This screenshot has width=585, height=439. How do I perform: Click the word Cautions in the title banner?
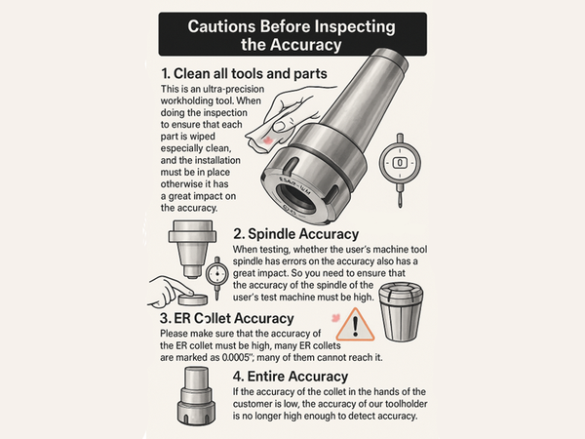pyautogui.click(x=221, y=26)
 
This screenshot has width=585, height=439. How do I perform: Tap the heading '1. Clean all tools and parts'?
pyautogui.click(x=244, y=73)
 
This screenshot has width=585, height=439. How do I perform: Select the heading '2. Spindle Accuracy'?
pyautogui.click(x=295, y=234)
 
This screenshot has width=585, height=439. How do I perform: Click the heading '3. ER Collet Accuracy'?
pyautogui.click(x=227, y=318)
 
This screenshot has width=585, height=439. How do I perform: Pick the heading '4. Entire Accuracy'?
pyautogui.click(x=291, y=377)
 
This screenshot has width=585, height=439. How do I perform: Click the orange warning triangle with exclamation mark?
pyautogui.click(x=355, y=326)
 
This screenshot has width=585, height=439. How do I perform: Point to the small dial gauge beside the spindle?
pyautogui.click(x=216, y=277)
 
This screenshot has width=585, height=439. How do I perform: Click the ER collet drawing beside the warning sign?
pyautogui.click(x=401, y=312)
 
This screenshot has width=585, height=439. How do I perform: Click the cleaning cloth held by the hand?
pyautogui.click(x=266, y=135)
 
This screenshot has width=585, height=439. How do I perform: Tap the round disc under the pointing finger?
pyautogui.click(x=193, y=299)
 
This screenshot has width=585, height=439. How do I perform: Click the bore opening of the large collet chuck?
pyautogui.click(x=295, y=197)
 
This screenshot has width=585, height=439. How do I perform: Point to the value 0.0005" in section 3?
pyautogui.click(x=235, y=358)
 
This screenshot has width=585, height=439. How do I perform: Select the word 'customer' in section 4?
pyautogui.click(x=252, y=404)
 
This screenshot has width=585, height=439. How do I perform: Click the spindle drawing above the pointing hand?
pyautogui.click(x=192, y=249)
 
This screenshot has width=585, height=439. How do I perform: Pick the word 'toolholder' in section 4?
pyautogui.click(x=407, y=404)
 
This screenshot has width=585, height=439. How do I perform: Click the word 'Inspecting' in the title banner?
pyautogui.click(x=355, y=27)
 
